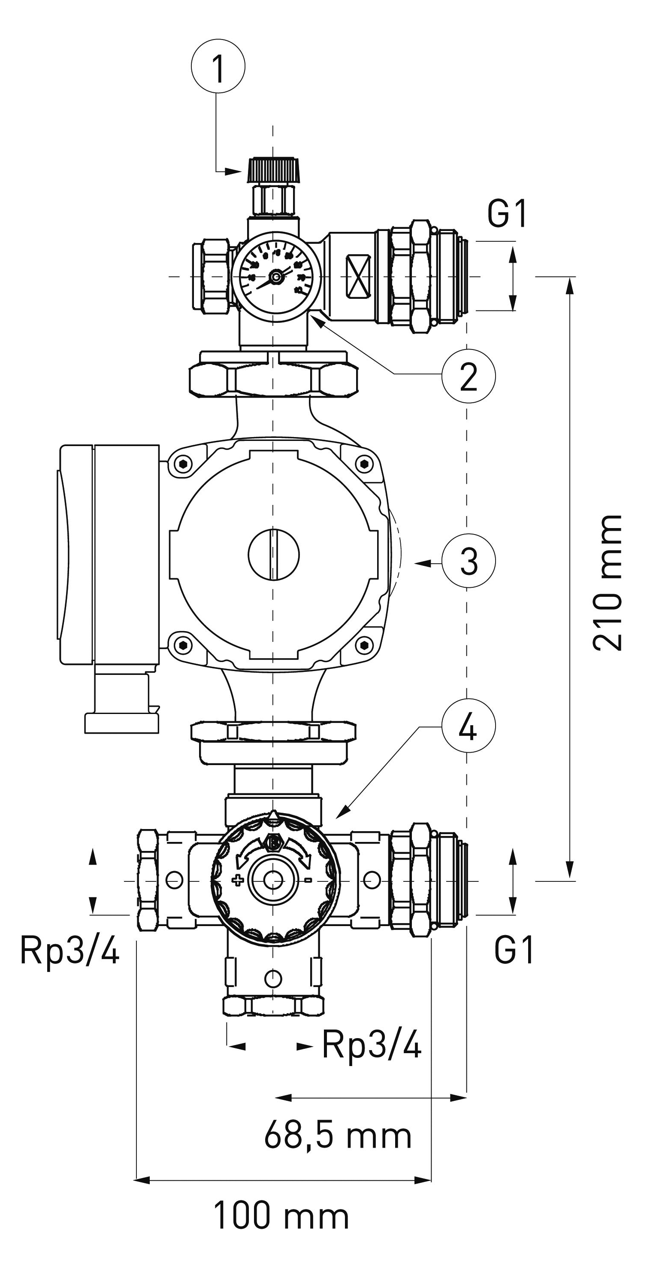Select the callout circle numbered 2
coord(468,376)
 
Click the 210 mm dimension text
coord(607,583)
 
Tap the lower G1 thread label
coord(514,950)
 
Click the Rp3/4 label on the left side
coord(70,950)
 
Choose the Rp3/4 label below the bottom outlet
coord(372,1044)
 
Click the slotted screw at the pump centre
coord(273,554)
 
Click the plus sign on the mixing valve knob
coord(237,880)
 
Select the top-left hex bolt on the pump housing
coord(184,464)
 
